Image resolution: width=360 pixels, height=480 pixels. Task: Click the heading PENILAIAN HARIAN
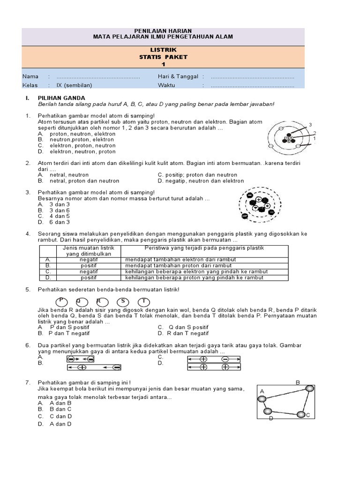point(164,30)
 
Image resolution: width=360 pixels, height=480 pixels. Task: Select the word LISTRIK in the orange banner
point(164,50)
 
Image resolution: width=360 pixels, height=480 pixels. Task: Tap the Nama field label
point(30,76)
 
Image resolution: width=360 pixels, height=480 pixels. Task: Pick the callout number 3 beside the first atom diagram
point(310,124)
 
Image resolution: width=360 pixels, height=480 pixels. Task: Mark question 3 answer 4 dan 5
point(60,216)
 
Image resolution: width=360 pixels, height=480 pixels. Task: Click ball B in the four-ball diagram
point(309,388)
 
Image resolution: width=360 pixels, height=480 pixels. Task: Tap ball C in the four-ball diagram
point(301,414)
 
